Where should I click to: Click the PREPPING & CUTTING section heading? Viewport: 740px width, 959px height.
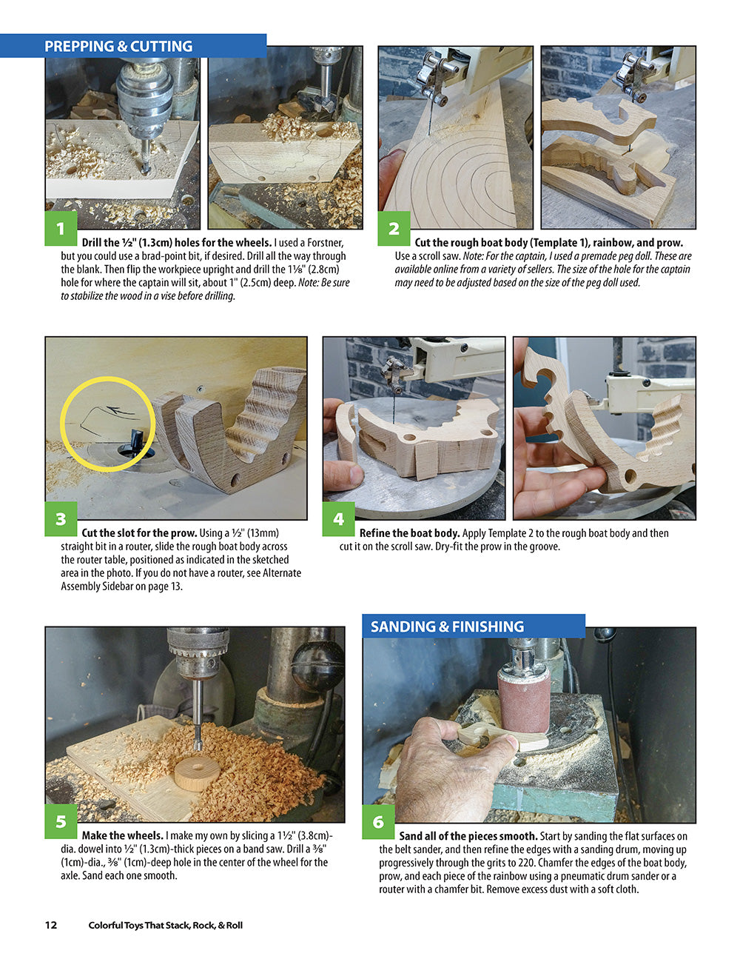coord(118,47)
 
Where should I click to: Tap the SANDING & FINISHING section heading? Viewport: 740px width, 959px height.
coord(447,626)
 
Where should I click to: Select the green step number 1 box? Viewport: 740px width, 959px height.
coord(61,228)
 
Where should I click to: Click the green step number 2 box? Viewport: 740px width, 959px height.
coord(394,228)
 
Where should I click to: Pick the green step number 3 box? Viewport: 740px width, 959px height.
coord(61,518)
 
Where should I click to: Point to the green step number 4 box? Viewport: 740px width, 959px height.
coord(338,518)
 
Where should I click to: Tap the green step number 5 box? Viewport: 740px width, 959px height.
coord(61,821)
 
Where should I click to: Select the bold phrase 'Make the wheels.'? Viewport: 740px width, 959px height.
coord(123,835)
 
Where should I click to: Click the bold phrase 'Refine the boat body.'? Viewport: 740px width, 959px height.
coord(410,533)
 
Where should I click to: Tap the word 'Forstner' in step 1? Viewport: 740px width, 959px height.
coord(325,243)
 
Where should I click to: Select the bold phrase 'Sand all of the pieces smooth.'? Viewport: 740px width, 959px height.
coord(468,836)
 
